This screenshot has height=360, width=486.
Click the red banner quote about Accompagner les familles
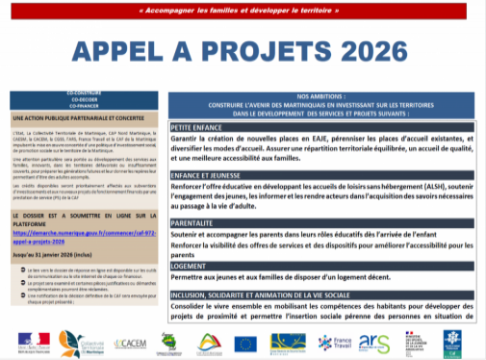click(242, 11)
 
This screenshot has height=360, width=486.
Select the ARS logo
click(374, 342)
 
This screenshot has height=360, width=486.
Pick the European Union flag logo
click(246, 342)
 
